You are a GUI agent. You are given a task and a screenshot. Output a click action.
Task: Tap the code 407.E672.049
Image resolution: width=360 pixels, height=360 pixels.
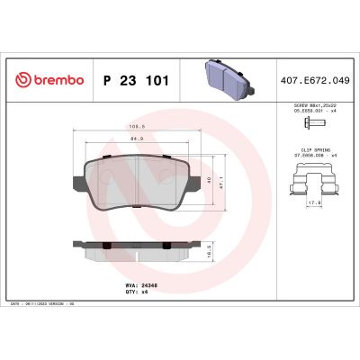[314, 80]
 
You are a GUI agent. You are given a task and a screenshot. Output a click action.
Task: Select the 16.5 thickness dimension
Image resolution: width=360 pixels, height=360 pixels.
[210, 255]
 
